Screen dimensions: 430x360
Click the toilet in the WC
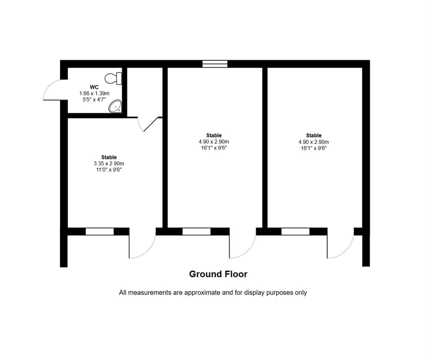coord(113,78)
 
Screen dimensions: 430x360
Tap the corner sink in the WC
coord(115,106)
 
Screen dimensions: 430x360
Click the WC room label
coord(94,87)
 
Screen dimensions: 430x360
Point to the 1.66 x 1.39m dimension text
coord(94,93)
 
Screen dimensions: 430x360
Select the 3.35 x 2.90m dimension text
coord(109,164)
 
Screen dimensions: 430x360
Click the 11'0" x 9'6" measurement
coord(109,170)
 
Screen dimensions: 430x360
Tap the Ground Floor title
coord(218,274)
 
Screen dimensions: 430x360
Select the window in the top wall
coord(215,64)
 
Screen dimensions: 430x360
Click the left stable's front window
coord(100,232)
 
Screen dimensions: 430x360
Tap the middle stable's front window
coord(196,232)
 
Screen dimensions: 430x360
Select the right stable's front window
coord(295,232)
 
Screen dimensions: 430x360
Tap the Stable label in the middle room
coord(214,135)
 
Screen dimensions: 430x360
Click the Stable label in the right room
coord(314,135)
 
